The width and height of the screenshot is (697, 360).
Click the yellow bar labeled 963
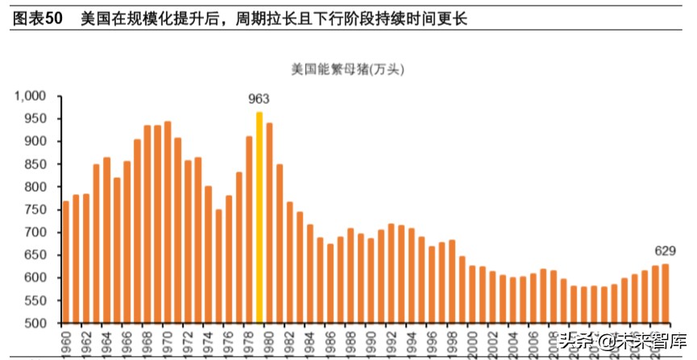[x=259, y=217]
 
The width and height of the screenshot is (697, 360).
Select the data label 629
[x=665, y=251]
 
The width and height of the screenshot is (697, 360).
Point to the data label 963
[x=259, y=99]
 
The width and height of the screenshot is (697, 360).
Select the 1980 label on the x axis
[x=269, y=341]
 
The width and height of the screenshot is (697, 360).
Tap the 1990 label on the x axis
[x=371, y=341]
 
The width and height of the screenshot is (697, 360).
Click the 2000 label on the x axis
[x=472, y=341]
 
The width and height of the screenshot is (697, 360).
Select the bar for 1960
[x=66, y=262]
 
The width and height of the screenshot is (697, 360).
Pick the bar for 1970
[x=168, y=222]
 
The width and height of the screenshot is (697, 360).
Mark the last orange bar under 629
[x=666, y=294]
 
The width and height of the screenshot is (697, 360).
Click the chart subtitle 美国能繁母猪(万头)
[x=347, y=69]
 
